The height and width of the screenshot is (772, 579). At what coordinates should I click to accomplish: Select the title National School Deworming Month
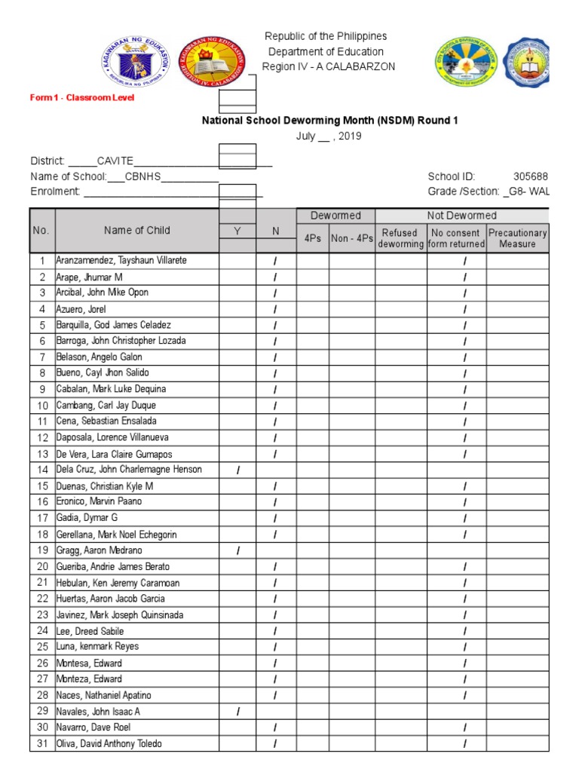coord(329,120)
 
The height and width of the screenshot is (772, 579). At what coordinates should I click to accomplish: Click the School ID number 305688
coord(531,176)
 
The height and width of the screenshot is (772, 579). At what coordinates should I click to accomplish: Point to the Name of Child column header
coord(137,231)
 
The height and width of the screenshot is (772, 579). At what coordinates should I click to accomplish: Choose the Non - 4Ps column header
coord(352,238)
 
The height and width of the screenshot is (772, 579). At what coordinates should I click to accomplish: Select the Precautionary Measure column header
coord(517,238)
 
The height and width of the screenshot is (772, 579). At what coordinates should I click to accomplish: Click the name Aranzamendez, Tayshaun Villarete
coord(121,260)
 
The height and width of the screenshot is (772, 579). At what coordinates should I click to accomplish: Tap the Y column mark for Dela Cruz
coord(237,470)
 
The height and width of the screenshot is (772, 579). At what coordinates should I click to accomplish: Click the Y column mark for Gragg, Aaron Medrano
coord(237,550)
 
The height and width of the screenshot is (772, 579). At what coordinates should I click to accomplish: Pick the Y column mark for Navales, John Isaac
coord(237,711)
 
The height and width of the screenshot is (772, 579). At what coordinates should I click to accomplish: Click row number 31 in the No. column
coord(42,743)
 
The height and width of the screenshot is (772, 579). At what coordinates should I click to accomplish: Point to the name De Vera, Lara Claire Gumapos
coord(114,454)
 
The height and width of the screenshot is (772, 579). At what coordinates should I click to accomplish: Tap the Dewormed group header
coord(336,216)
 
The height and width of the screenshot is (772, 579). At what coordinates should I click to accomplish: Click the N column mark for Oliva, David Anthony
coord(275,744)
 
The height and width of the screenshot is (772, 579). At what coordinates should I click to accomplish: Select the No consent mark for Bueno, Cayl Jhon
coord(464,373)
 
